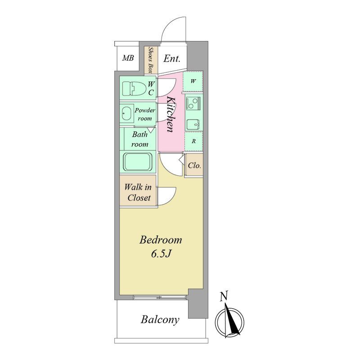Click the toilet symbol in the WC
coord(134,89)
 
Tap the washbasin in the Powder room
coord(128,113)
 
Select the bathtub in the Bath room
coord(138,162)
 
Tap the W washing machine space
coord(193,81)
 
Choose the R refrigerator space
coord(193,141)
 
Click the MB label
coord(128,58)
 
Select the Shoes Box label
coord(151,60)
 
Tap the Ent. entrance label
coord(172,59)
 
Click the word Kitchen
coord(171,115)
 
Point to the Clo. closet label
coord(194,165)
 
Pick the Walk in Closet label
coord(139,193)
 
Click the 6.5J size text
coord(161,254)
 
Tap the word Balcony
coord(160,320)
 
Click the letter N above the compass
coord(224,296)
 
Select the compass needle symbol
coord(229,321)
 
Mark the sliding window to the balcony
coord(160,297)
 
